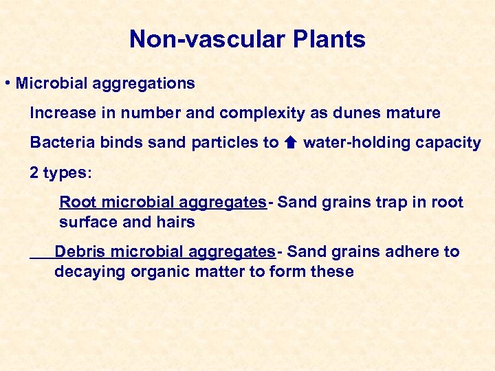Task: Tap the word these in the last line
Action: pos(331,271)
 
